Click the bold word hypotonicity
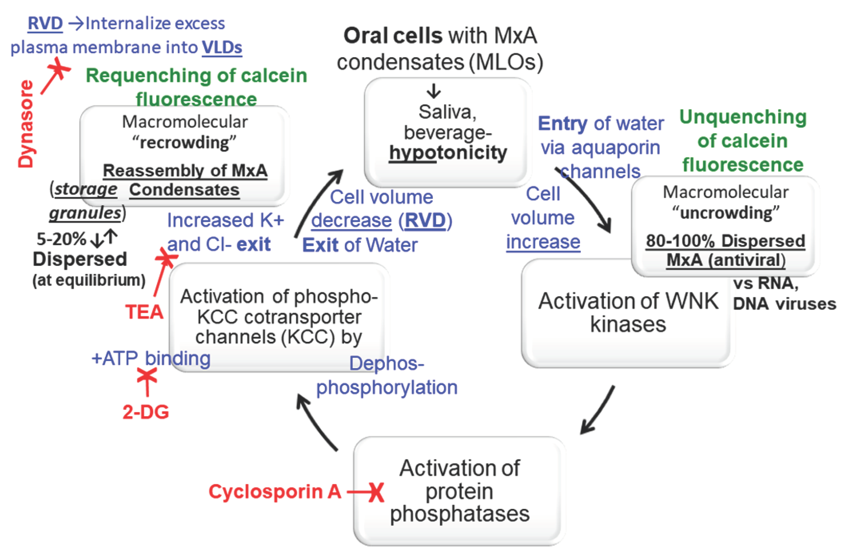pos(448,153)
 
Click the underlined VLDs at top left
pos(222,48)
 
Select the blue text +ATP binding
pos(151,358)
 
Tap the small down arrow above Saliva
pos(433,91)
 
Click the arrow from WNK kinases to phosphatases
pos(597,410)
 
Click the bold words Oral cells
pos(393,36)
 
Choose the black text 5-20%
pos(61,239)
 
